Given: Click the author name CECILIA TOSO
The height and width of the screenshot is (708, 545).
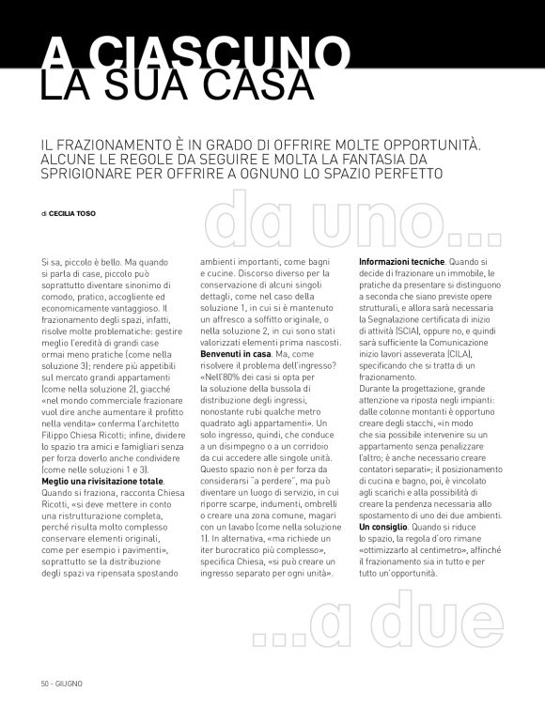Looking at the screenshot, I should coord(72,213).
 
